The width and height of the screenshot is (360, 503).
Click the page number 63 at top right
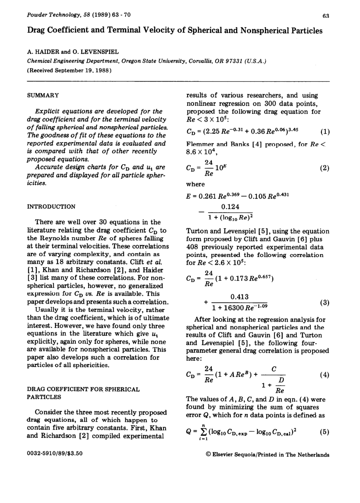[326, 16]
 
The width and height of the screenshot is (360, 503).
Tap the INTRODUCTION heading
[51, 206]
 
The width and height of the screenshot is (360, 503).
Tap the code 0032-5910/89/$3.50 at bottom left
[55, 454]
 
